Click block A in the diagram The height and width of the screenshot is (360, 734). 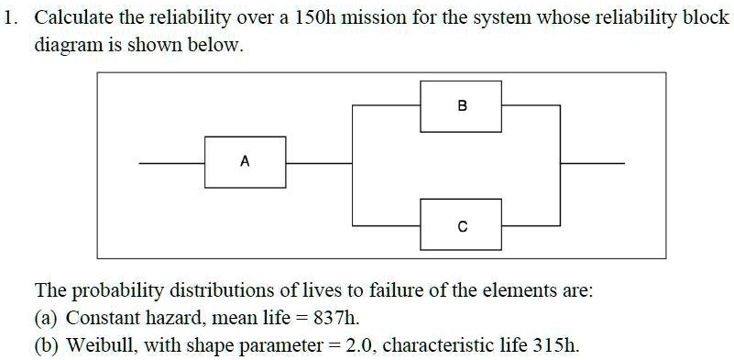[245, 162]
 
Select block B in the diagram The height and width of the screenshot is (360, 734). [461, 105]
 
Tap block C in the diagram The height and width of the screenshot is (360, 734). [461, 224]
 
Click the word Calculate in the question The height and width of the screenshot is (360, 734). [71, 18]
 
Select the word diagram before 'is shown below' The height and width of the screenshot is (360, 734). [65, 46]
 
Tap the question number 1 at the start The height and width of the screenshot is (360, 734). [10, 18]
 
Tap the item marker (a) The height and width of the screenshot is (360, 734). [48, 319]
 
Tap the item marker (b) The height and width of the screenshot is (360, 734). [48, 346]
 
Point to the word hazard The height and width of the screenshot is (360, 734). [166, 319]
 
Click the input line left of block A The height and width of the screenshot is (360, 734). [171, 163]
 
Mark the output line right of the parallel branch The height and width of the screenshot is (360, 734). [592, 163]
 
